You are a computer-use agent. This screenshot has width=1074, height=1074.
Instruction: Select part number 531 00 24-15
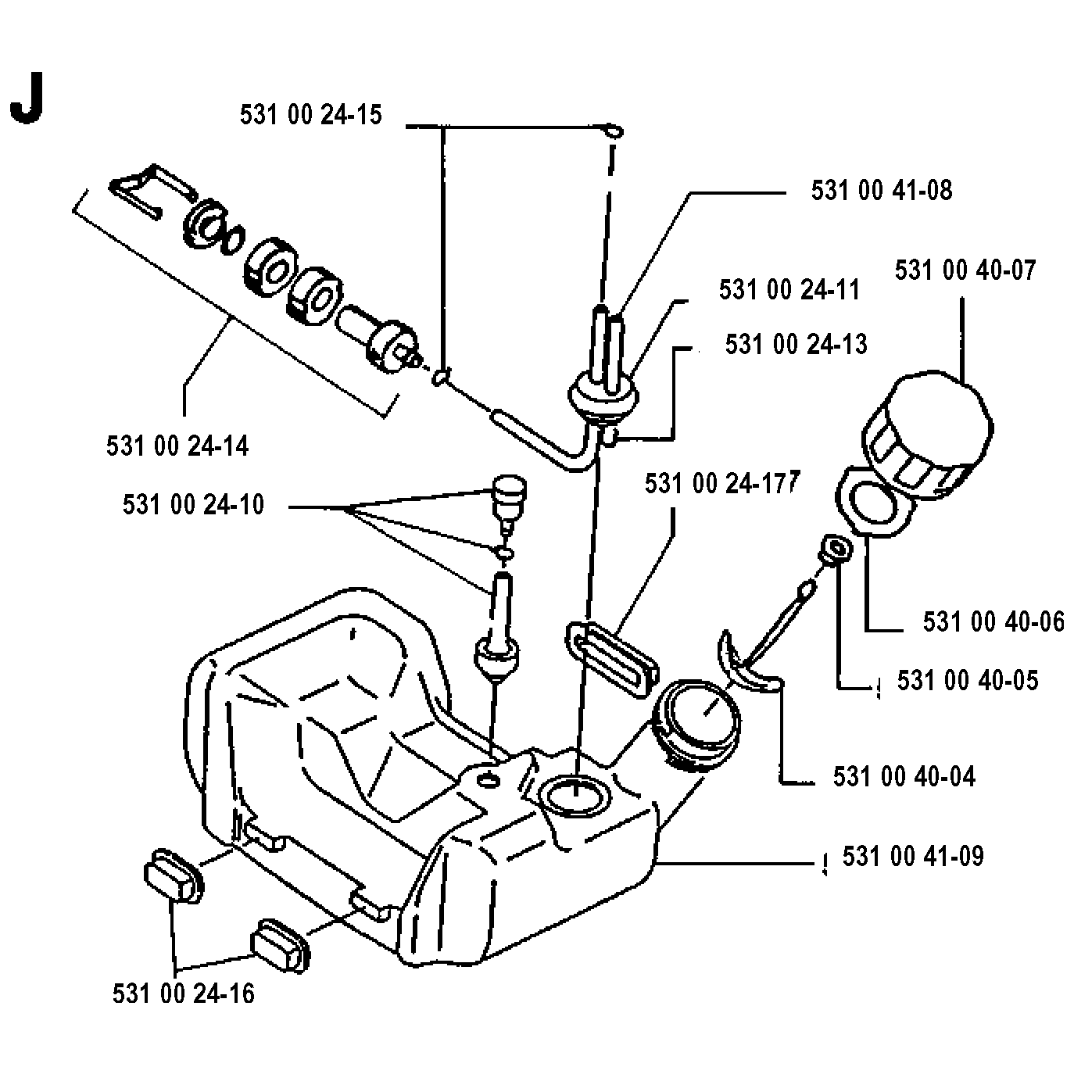pos(311,115)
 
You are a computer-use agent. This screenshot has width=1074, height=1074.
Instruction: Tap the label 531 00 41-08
pos(882,190)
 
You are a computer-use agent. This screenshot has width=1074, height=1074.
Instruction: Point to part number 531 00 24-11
pos(789,289)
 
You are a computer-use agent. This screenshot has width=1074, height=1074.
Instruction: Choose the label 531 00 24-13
pos(796,344)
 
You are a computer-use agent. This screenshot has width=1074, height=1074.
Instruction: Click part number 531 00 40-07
pos(965,270)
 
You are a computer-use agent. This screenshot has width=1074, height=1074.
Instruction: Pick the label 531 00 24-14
pos(177,446)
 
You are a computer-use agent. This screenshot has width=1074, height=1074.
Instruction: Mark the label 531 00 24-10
pos(194,505)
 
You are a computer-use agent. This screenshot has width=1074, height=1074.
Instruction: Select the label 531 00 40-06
pos(993,621)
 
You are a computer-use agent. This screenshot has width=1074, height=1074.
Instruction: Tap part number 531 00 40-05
pos(968,680)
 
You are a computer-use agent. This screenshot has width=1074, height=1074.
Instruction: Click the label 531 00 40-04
pos(904,777)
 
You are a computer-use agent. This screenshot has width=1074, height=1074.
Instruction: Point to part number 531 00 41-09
pos(913,856)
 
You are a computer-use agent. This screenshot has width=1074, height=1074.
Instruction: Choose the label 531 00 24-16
pos(184,993)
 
